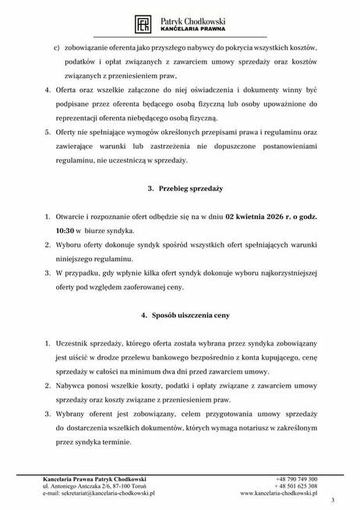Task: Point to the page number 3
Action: tap(333, 501)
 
